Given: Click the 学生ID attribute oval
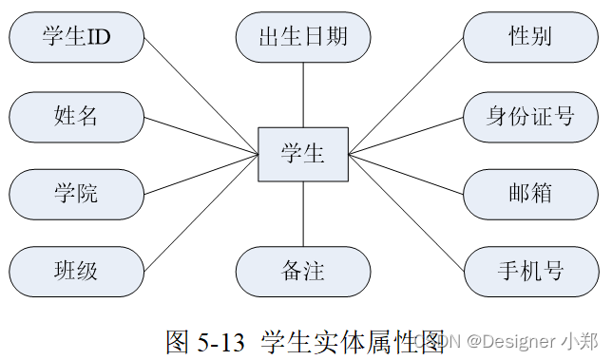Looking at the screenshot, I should tap(76, 38).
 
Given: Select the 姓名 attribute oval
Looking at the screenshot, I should tap(76, 117).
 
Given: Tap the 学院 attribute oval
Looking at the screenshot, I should tap(76, 195).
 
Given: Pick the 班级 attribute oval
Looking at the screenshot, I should tap(76, 273).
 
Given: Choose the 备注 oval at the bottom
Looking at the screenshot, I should tap(303, 273).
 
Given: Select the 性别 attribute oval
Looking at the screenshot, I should tap(530, 38).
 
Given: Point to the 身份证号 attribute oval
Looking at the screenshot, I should tap(530, 117).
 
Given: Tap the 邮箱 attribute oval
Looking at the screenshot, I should tap(530, 195).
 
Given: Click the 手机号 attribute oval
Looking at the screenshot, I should tap(530, 273).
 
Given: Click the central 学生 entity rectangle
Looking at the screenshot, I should tap(303, 154).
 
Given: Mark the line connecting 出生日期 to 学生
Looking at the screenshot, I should tap(303, 95).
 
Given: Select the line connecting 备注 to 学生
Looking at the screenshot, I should tap(303, 214).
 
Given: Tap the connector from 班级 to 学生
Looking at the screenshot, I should tap(201, 215).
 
